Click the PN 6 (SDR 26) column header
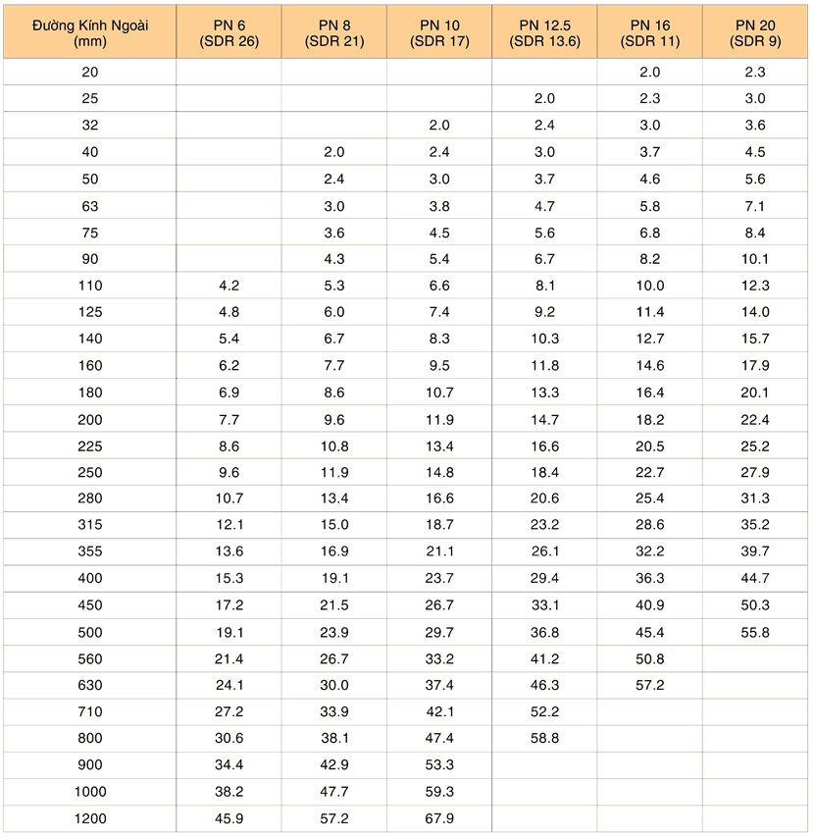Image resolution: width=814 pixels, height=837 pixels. [x=229, y=32]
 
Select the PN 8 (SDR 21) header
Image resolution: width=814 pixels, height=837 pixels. [x=333, y=32]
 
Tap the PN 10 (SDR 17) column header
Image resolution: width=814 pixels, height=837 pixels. [x=439, y=32]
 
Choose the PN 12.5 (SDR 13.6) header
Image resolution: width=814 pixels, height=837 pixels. [x=544, y=32]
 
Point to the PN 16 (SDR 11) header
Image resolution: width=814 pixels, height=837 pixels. [x=650, y=32]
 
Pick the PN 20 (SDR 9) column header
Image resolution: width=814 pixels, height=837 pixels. [x=756, y=32]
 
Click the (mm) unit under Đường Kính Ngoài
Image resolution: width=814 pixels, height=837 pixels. [x=89, y=41]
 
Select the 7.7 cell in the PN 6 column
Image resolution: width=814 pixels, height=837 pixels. [x=229, y=418]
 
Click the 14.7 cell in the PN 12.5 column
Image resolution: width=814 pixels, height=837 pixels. [x=544, y=418]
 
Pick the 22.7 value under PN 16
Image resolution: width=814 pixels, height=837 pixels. [x=650, y=472]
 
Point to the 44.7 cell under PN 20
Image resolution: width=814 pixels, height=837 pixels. [x=756, y=578]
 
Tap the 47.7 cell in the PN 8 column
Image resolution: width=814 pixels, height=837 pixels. [x=333, y=790]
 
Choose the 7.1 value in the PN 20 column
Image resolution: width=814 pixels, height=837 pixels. [x=756, y=205]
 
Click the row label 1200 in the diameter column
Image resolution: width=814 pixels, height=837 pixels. [x=89, y=816]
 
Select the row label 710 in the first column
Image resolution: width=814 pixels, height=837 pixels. [x=89, y=710]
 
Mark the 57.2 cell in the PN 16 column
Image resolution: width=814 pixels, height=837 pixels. [x=650, y=684]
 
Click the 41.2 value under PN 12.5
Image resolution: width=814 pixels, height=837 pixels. [x=544, y=657]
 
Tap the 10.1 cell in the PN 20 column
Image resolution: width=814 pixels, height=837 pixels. [x=756, y=259]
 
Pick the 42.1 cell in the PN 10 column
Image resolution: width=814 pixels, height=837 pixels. [x=439, y=710]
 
